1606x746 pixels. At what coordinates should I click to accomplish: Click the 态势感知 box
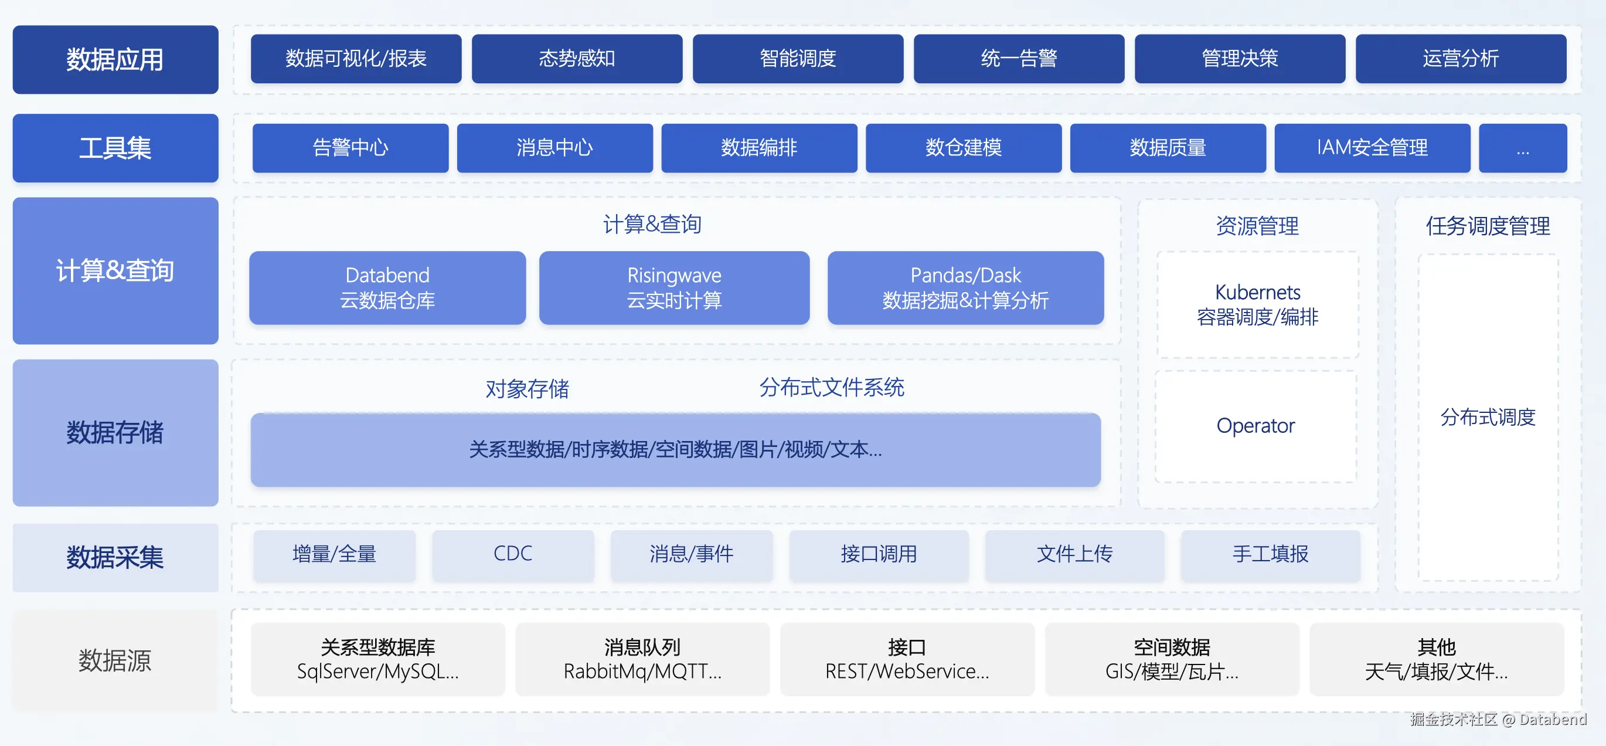click(x=577, y=59)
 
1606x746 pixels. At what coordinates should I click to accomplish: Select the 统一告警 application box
click(x=1019, y=59)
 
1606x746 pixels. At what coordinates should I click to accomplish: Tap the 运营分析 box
click(x=1461, y=59)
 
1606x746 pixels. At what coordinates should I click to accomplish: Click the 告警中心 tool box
click(x=351, y=148)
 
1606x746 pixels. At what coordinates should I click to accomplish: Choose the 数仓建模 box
click(x=963, y=148)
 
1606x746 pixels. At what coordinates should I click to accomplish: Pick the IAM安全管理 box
click(x=1372, y=148)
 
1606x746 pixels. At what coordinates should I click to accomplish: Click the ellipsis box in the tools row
click(x=1522, y=148)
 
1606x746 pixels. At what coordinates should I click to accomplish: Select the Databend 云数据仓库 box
click(x=387, y=287)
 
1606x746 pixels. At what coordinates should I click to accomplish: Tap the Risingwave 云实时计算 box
click(x=674, y=287)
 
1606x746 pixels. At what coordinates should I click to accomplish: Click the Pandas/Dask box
click(x=965, y=287)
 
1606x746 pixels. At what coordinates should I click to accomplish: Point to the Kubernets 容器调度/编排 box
click(x=1257, y=304)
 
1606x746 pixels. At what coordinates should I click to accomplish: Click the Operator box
click(x=1255, y=426)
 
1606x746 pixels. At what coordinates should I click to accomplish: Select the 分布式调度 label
click(x=1488, y=416)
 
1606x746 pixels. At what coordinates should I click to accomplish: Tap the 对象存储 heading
click(x=527, y=389)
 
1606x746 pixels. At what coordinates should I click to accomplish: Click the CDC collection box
click(x=512, y=554)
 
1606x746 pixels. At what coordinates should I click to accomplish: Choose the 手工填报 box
click(x=1270, y=554)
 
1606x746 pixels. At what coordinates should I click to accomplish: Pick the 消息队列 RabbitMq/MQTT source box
click(x=642, y=659)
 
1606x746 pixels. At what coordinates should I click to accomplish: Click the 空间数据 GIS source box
click(x=1172, y=659)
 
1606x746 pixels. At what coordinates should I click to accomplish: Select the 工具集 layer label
click(x=115, y=148)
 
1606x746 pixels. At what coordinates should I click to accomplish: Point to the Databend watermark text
click(x=1553, y=719)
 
